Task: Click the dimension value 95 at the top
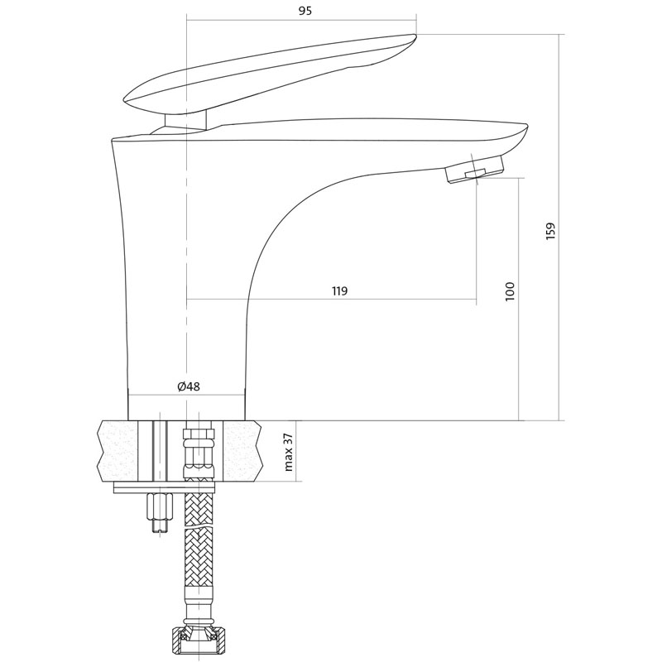pos(305,12)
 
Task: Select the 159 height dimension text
pos(550,232)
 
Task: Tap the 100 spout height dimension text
pos(510,291)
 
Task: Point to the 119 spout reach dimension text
pos(339,291)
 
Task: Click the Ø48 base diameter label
pos(189,386)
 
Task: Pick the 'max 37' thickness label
pos(289,451)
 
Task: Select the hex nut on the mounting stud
pos(160,506)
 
